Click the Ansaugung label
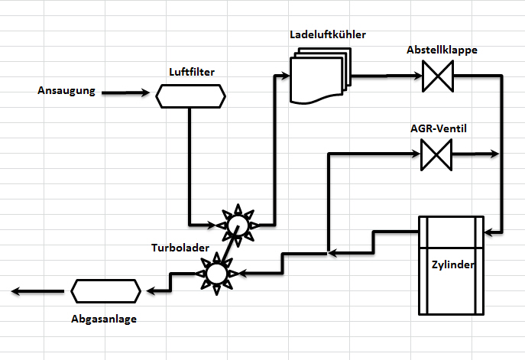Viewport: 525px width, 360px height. click(66, 92)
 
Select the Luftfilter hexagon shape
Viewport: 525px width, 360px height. click(191, 96)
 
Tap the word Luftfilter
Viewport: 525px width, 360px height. click(191, 72)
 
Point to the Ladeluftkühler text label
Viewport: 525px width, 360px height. click(328, 35)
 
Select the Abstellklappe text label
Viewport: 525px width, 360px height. click(442, 50)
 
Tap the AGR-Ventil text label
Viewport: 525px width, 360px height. click(438, 128)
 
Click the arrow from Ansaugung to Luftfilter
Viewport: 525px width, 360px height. click(127, 93)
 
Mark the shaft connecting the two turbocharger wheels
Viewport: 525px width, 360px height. click(226, 248)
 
